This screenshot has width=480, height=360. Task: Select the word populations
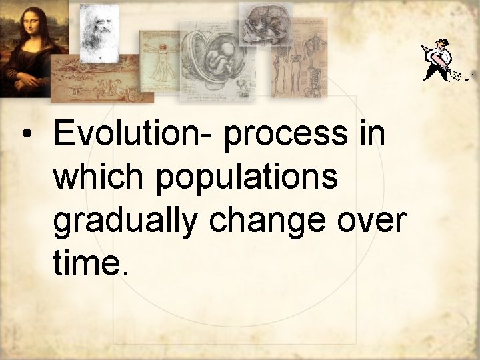[246, 179]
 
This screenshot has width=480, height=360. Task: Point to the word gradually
[125, 223]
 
